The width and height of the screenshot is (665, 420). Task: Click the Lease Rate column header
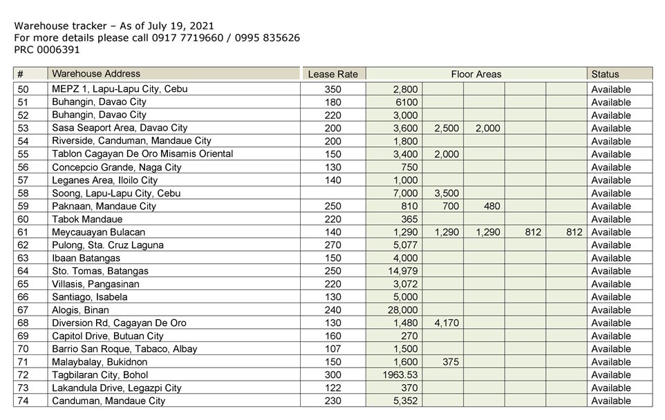[332, 74]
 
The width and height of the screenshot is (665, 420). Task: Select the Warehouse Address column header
[96, 74]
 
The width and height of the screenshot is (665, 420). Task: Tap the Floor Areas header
[476, 74]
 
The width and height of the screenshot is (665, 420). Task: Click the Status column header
[605, 74]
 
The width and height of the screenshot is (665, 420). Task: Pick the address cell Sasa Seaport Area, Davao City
[120, 128]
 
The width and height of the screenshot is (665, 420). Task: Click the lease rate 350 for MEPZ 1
[332, 89]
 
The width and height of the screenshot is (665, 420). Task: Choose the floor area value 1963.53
[397, 375]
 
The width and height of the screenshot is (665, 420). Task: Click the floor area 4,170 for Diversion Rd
[447, 323]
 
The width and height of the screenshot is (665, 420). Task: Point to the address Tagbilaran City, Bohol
[100, 375]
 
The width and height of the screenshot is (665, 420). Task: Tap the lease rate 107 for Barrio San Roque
[332, 349]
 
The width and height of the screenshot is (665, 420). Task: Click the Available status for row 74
[611, 401]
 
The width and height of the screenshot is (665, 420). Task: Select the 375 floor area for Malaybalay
[449, 362]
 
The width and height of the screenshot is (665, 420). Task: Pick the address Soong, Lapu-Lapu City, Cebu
[116, 193]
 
